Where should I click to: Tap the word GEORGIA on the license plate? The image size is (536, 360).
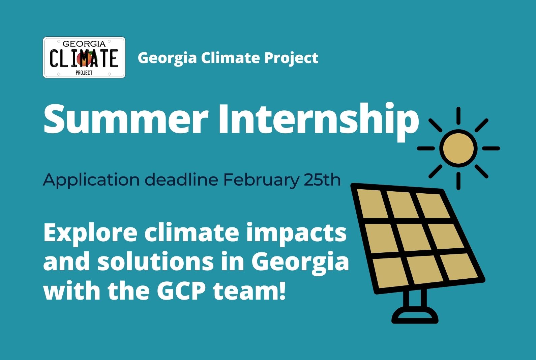point(84,44)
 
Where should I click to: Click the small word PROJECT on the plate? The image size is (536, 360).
point(84,73)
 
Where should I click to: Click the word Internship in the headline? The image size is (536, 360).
point(319,122)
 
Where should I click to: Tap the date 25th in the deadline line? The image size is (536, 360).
point(322,179)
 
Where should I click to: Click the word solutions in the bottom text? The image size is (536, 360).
point(155,261)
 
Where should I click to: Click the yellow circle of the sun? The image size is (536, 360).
point(458,148)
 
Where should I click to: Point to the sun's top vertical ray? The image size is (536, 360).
point(458,116)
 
